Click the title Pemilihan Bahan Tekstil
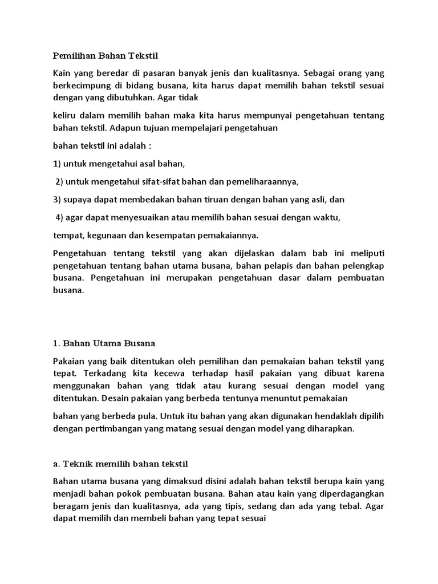click(x=106, y=56)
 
